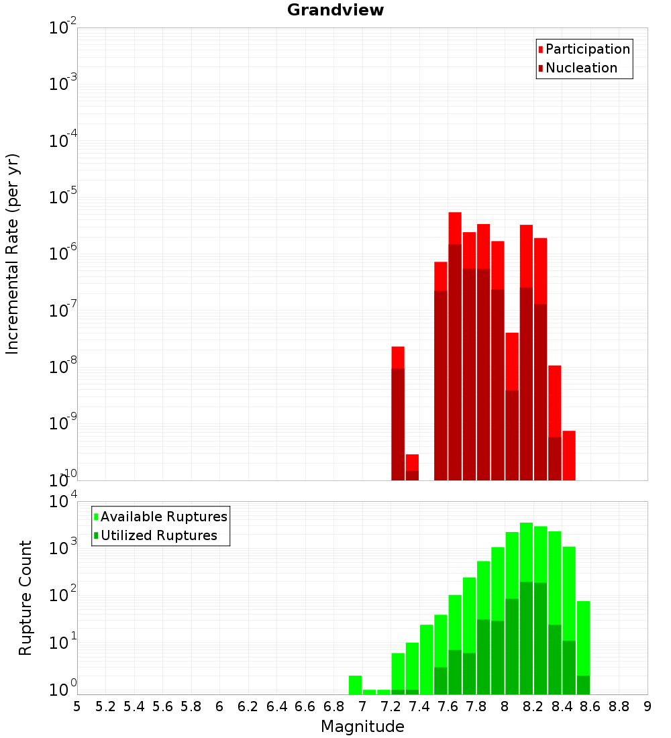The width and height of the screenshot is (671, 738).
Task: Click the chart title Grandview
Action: point(335,10)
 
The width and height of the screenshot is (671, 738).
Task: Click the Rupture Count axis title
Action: point(25,597)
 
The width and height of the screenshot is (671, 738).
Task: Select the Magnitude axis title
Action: point(362,727)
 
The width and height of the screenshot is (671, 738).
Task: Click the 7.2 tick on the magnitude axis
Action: point(391,706)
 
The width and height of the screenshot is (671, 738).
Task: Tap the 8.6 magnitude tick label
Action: point(590,706)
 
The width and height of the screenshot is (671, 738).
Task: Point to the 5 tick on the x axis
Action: point(77,706)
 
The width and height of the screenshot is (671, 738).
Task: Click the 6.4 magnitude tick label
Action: point(277,706)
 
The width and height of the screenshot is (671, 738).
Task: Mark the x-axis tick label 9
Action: point(648,706)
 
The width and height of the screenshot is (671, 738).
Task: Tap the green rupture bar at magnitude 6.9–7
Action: point(356,684)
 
